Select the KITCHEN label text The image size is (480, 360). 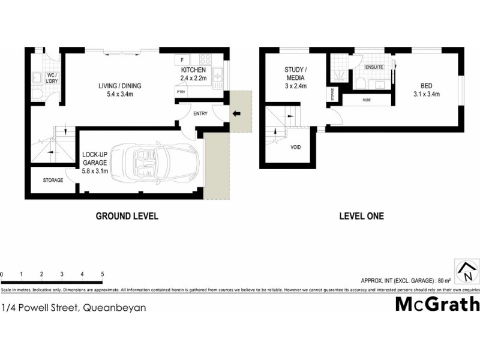(x=194, y=70)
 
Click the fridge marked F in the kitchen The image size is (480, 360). (x=181, y=59)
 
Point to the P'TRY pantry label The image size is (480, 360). (x=181, y=92)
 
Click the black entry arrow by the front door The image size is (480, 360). (x=236, y=113)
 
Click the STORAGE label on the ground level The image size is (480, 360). (x=53, y=180)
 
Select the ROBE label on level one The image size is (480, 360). (x=366, y=100)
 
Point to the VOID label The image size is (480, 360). (x=296, y=147)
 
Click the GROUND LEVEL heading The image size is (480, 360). (x=127, y=216)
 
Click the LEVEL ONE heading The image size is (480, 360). (x=362, y=216)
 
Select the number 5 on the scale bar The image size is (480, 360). (x=103, y=274)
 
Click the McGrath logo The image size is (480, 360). (x=437, y=304)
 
